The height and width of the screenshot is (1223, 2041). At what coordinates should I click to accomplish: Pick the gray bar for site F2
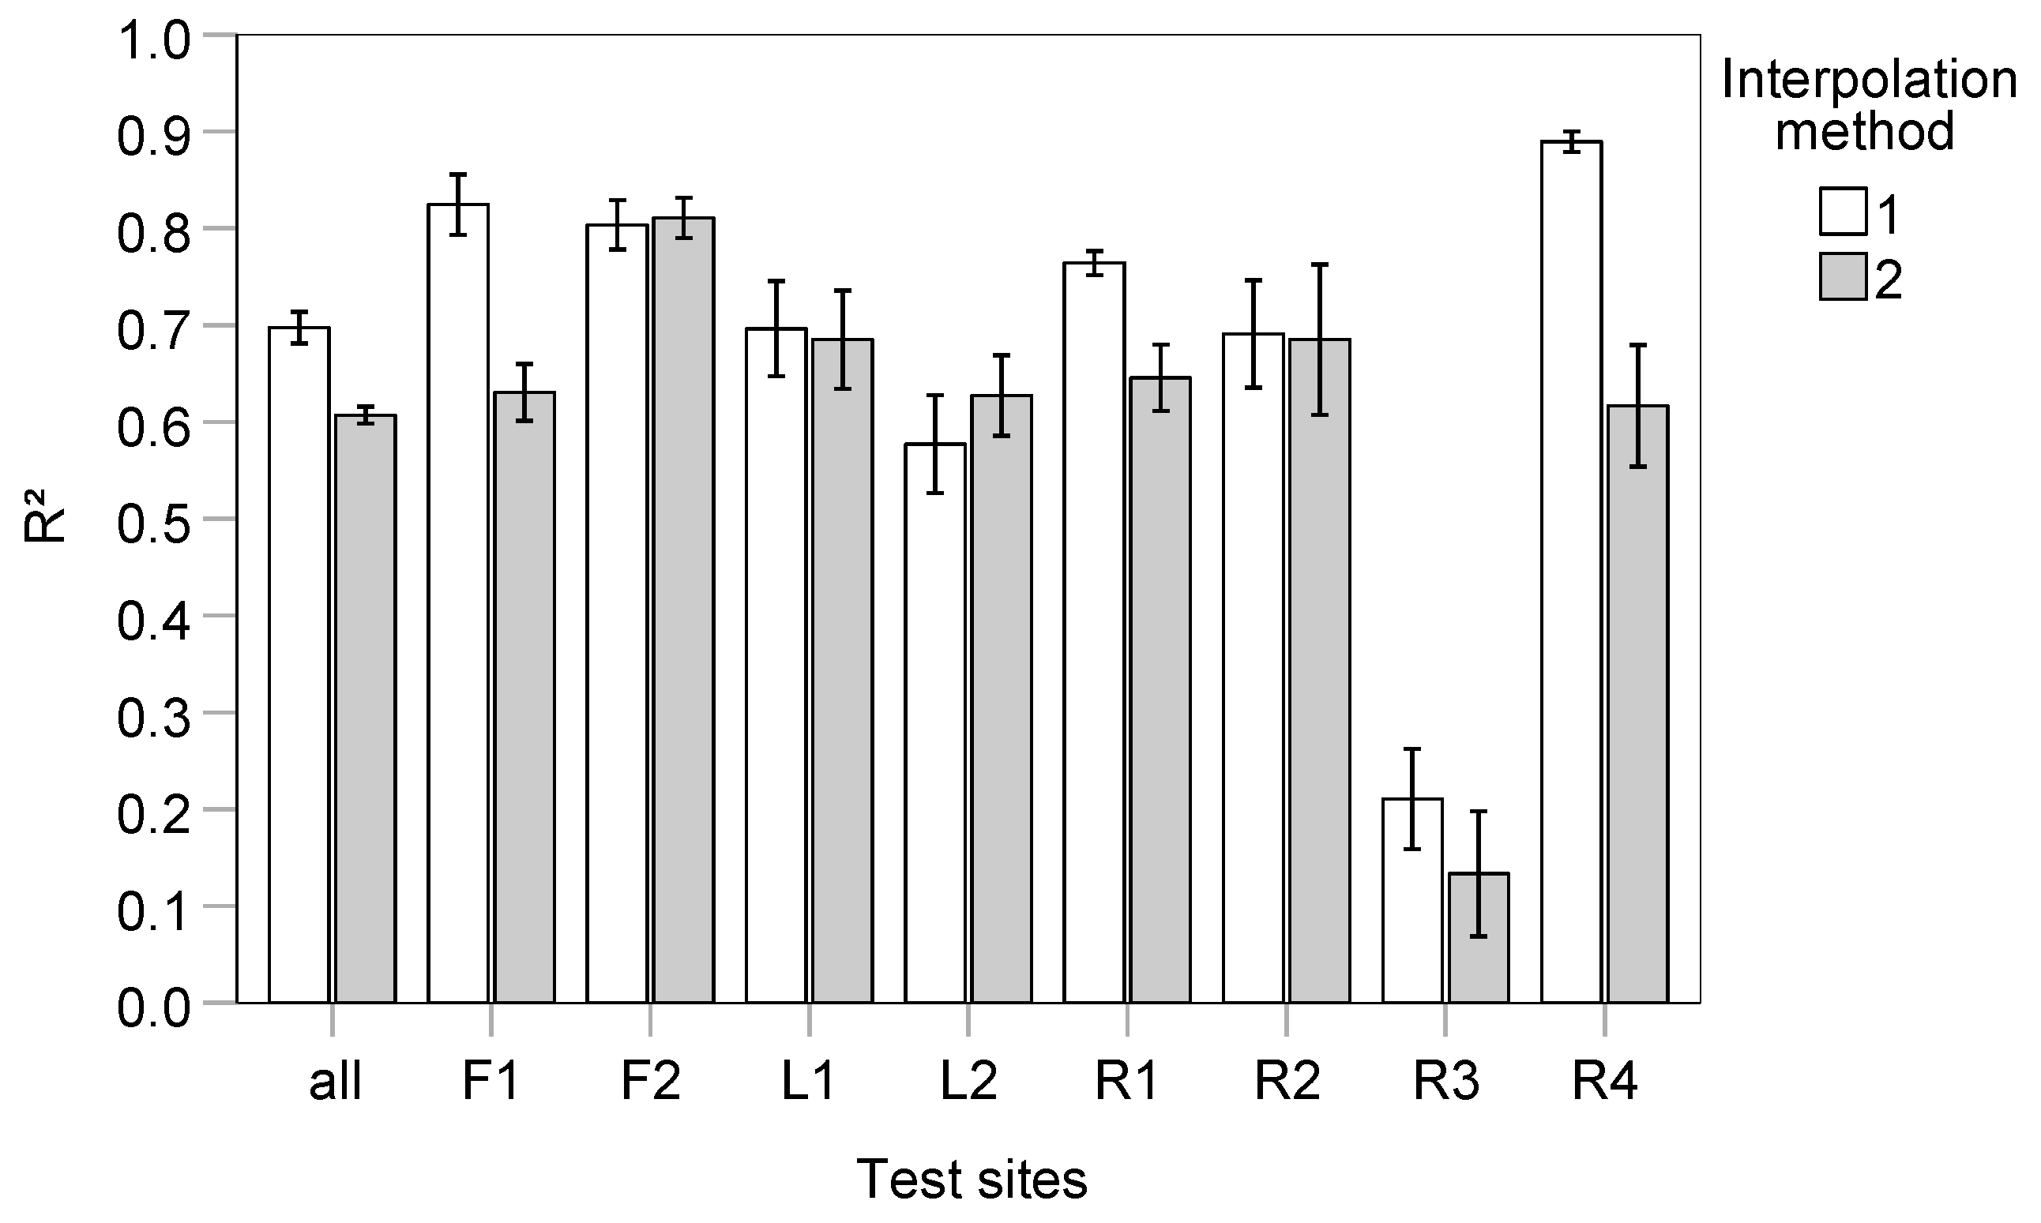click(683, 610)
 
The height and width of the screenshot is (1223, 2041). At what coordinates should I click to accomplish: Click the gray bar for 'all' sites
click(365, 709)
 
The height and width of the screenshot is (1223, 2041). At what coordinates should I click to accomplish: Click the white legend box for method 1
click(1844, 211)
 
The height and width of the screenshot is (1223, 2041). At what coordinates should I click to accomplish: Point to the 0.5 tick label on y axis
click(153, 520)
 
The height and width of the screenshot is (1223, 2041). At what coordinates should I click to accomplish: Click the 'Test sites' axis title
click(972, 1180)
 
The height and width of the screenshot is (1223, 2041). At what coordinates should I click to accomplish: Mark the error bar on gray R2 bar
click(1320, 340)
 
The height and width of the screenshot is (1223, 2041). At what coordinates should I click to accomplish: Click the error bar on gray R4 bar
click(1638, 406)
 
